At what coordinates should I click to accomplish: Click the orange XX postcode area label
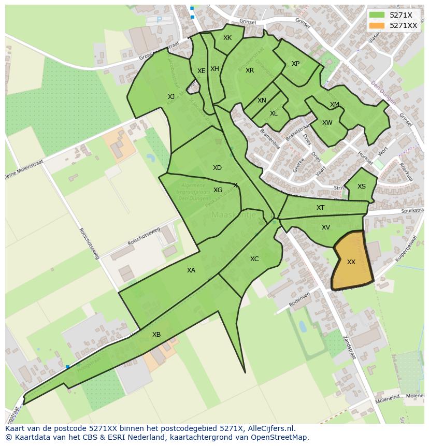click(351, 262)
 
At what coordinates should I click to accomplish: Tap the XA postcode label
click(191, 270)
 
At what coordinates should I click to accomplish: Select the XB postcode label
click(156, 335)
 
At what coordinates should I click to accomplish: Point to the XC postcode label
click(254, 259)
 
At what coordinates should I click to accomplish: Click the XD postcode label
click(217, 168)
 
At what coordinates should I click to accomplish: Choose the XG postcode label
click(218, 190)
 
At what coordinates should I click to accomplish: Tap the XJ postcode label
click(171, 97)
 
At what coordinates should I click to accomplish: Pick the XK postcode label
click(227, 38)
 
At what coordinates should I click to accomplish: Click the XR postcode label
click(250, 70)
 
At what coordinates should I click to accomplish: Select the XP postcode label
click(295, 64)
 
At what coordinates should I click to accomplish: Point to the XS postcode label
click(362, 186)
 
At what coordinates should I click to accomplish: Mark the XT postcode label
click(321, 208)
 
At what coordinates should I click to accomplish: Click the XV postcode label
click(326, 227)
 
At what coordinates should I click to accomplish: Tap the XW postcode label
click(327, 123)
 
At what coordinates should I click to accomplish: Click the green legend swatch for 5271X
click(377, 15)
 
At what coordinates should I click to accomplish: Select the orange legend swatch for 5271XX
click(377, 25)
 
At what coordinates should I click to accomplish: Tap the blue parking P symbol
click(159, 20)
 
